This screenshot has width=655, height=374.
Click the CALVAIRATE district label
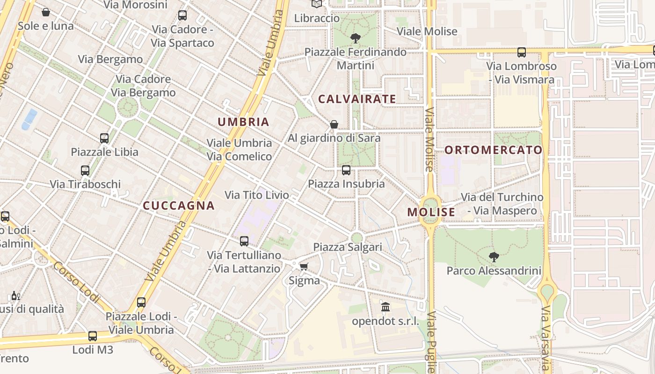pyautogui.click(x=357, y=99)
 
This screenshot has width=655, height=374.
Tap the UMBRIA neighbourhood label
pyautogui.click(x=243, y=122)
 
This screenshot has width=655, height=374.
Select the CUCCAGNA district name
pyautogui.click(x=179, y=206)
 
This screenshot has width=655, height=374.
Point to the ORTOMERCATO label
pyautogui.click(x=493, y=150)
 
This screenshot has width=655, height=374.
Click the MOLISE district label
pyautogui.click(x=431, y=212)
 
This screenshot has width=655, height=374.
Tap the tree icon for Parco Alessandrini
pyautogui.click(x=494, y=257)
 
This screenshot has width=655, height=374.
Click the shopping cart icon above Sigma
pyautogui.click(x=304, y=266)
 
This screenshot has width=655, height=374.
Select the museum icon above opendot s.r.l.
pyautogui.click(x=386, y=307)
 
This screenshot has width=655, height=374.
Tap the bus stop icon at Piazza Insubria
pyautogui.click(x=346, y=170)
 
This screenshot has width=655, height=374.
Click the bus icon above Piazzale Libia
pyautogui.click(x=104, y=138)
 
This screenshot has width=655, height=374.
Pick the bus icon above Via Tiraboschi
pyautogui.click(x=85, y=171)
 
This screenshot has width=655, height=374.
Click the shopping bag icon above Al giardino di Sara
pyautogui.click(x=334, y=124)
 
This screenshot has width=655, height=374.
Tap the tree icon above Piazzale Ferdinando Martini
pyautogui.click(x=355, y=38)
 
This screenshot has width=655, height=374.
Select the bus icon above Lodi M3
pyautogui.click(x=93, y=336)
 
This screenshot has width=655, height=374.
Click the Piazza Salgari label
pyautogui.click(x=348, y=247)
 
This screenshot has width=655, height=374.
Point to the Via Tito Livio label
pyautogui.click(x=257, y=195)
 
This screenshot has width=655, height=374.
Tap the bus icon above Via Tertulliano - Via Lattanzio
pyautogui.click(x=244, y=241)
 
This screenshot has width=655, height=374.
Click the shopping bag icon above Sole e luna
pyautogui.click(x=46, y=12)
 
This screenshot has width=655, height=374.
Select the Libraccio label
pyautogui.click(x=317, y=18)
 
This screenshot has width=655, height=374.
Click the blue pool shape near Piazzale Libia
pyautogui.click(x=29, y=119)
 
